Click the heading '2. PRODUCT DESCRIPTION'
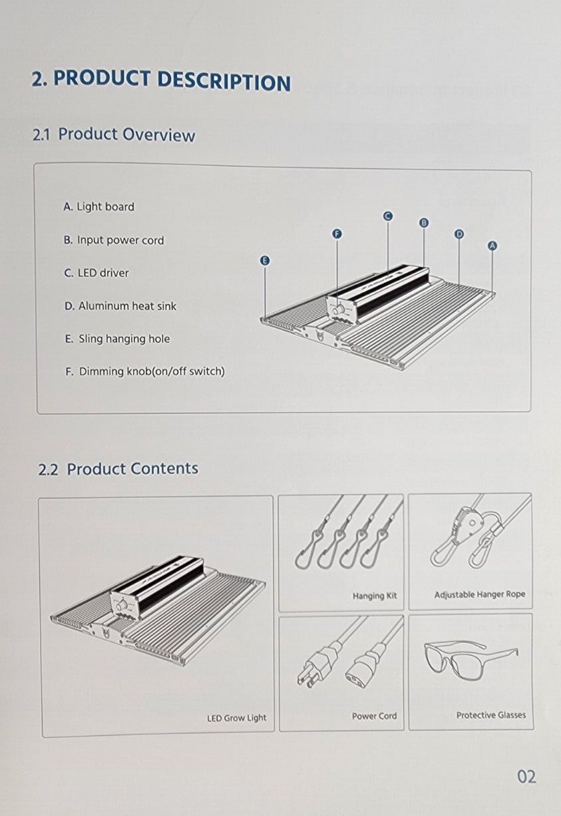point(161,79)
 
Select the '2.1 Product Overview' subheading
point(114,134)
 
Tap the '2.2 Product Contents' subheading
point(118,469)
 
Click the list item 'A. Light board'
point(98,207)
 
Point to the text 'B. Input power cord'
point(114,240)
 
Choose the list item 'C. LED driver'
point(96,273)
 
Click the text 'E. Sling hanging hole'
point(117,339)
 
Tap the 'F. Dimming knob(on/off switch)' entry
point(144,371)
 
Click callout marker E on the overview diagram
point(265,260)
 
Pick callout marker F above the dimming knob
point(337,234)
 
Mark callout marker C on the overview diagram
point(388,216)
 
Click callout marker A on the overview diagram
point(492,246)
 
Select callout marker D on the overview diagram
point(459,234)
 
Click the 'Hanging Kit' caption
point(375,596)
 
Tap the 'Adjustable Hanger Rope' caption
point(479,594)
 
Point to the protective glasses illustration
point(470,662)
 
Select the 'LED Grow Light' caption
point(236,718)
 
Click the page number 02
point(526,777)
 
